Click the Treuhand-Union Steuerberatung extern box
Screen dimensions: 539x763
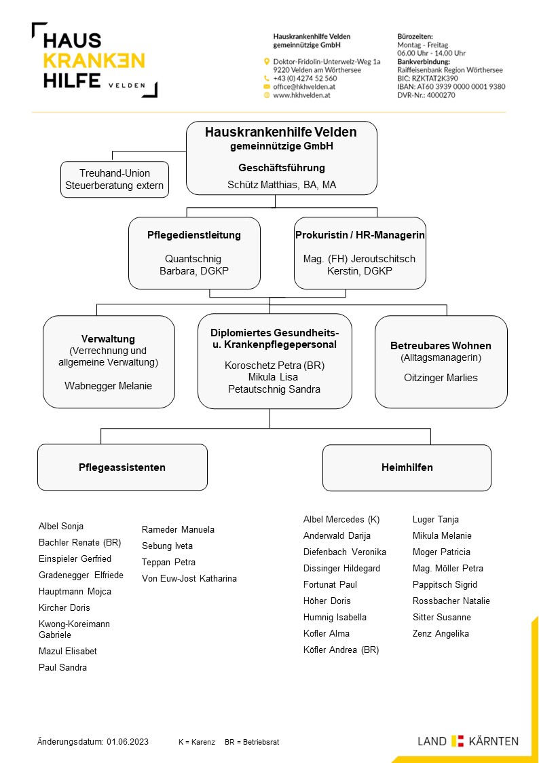[x=115, y=179]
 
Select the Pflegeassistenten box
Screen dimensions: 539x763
[x=122, y=467]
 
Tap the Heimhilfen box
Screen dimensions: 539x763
[x=407, y=467]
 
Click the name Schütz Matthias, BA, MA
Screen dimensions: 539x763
[x=282, y=185]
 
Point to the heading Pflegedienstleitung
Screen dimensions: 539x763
[x=194, y=235]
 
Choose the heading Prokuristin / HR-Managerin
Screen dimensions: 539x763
[x=360, y=235]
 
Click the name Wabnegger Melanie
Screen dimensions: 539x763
[x=109, y=386]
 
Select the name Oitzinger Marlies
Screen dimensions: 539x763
[x=441, y=378]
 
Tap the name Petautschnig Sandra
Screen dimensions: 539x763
[x=274, y=389]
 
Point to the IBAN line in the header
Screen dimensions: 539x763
[x=451, y=86]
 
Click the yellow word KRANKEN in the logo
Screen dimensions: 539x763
[x=94, y=61]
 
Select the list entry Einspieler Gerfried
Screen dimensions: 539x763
[x=75, y=558]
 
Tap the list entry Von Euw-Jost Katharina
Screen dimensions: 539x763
[x=189, y=579]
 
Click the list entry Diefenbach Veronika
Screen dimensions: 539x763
[x=345, y=552]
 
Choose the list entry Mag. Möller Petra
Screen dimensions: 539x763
[x=447, y=569]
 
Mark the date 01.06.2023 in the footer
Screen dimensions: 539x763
[x=128, y=742]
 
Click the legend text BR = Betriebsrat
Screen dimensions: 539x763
[x=252, y=743]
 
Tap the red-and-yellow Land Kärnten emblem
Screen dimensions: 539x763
[x=458, y=741]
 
